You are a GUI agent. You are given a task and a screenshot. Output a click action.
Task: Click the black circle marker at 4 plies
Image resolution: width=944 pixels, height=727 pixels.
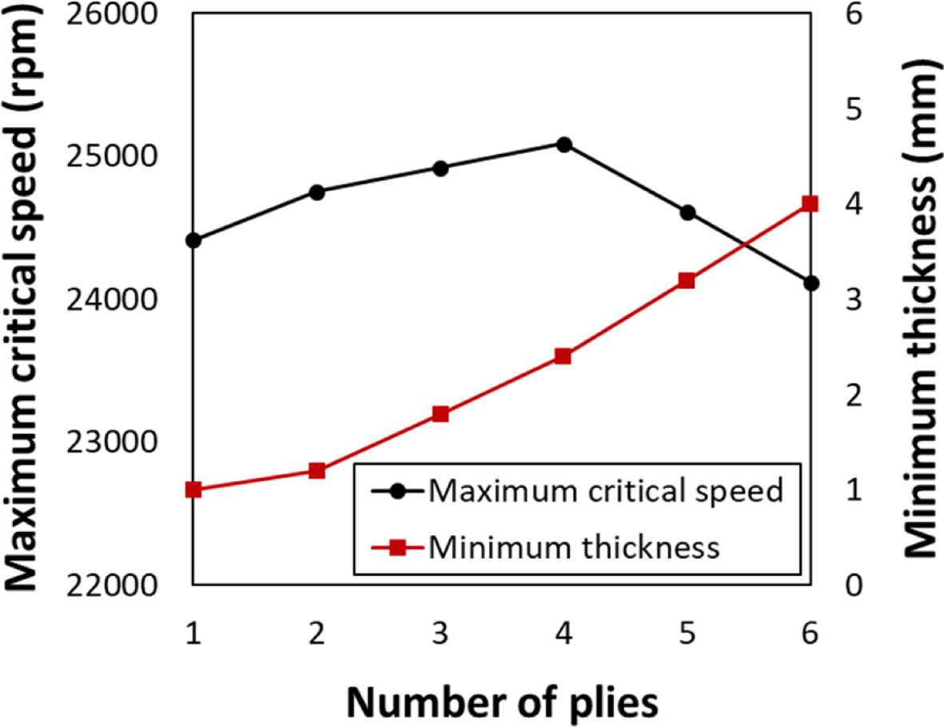(564, 145)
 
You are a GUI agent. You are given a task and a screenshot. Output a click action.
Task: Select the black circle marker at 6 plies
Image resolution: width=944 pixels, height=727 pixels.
(811, 284)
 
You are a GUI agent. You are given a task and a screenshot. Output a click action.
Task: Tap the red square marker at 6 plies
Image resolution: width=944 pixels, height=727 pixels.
(811, 204)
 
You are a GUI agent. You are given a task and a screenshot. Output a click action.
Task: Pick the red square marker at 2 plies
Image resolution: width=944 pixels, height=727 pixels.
(317, 471)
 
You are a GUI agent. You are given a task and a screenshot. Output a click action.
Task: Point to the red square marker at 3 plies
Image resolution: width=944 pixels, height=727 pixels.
(440, 414)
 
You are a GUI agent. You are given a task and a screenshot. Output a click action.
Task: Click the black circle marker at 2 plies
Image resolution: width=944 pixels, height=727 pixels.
(317, 193)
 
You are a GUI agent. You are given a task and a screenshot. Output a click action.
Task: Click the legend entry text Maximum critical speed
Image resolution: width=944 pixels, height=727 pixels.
(605, 490)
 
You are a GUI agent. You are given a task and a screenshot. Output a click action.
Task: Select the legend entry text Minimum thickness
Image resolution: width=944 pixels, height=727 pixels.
(574, 547)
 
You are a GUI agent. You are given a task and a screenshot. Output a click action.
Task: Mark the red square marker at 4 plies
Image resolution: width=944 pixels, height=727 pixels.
(564, 356)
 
